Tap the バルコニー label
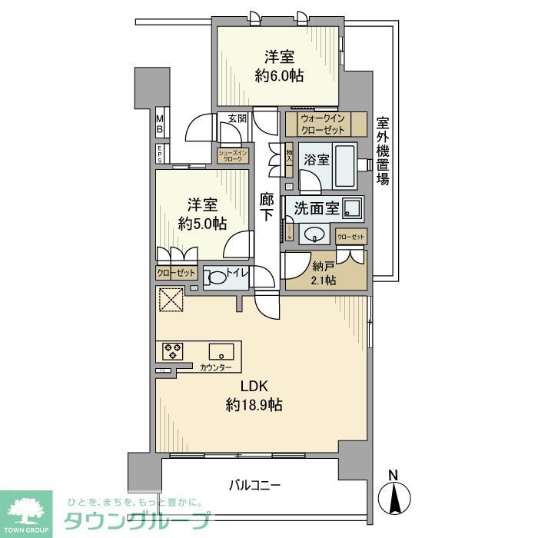pyautogui.click(x=255, y=485)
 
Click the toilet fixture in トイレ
pyautogui.click(x=217, y=277)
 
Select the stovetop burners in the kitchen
pyautogui.click(x=173, y=351)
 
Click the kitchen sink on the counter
pyautogui.click(x=221, y=352)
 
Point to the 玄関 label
pyautogui.click(x=237, y=119)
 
